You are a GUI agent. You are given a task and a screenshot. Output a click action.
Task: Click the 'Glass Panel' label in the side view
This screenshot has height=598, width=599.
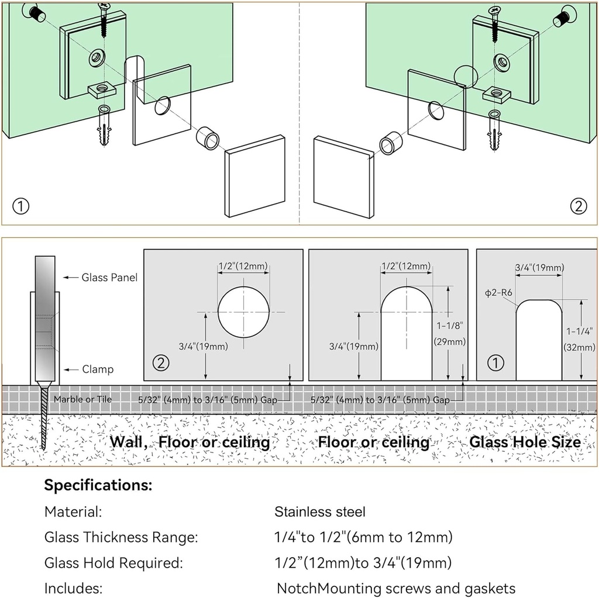(109, 278)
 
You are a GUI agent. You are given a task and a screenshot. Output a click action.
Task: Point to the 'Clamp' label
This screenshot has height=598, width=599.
(98, 369)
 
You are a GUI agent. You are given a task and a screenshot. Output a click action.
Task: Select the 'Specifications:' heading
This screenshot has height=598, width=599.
(98, 485)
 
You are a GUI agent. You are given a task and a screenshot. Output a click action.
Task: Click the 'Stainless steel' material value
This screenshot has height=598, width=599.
(320, 512)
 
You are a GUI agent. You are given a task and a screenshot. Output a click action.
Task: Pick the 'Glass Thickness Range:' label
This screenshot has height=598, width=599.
(121, 537)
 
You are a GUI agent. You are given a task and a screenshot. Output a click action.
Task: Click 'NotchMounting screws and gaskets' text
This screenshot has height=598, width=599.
(396, 588)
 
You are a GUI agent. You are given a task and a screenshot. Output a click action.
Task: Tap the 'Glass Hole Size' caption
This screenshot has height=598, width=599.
(525, 442)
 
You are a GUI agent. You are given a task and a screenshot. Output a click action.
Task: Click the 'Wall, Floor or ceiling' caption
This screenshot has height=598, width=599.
(190, 442)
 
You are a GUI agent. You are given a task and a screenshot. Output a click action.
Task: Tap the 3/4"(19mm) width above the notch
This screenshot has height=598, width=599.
(539, 268)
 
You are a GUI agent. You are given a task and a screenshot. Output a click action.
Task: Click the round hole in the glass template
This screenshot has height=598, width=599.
(244, 312)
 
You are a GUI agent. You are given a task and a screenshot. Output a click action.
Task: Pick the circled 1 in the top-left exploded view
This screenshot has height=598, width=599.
(20, 206)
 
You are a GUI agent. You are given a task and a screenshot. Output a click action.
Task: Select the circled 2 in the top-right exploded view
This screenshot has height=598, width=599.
(578, 206)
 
